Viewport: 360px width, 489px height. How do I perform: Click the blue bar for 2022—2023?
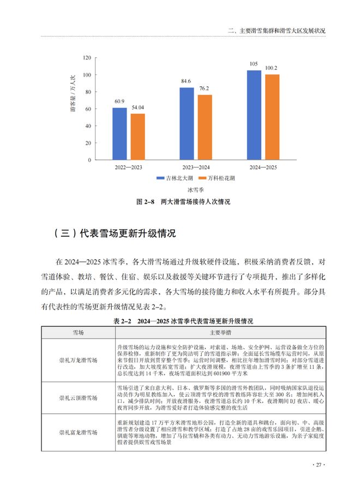click(119, 134)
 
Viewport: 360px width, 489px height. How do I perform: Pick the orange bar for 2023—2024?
click(205, 127)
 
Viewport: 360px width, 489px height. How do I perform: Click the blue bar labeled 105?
click(253, 115)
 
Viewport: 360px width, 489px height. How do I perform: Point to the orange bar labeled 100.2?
click(272, 117)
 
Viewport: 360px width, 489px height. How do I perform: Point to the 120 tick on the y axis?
click(85, 57)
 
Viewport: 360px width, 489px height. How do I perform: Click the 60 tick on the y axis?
click(87, 109)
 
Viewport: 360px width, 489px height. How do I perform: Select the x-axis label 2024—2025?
click(262, 168)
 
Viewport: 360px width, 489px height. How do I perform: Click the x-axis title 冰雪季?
click(195, 190)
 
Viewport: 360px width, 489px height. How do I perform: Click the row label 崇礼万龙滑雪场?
click(79, 360)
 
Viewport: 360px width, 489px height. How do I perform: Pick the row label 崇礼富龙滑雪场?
click(79, 432)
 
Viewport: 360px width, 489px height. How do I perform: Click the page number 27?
click(318, 465)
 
